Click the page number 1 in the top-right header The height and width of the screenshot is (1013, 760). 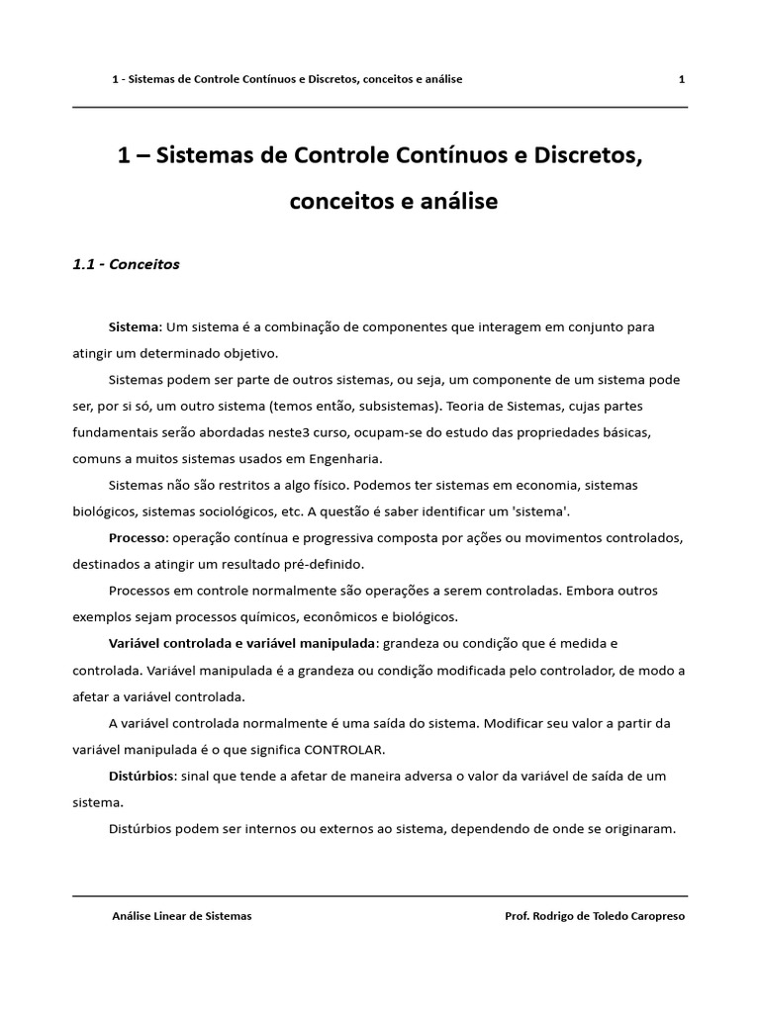[x=682, y=79]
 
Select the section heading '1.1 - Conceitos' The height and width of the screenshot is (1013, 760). [x=127, y=265]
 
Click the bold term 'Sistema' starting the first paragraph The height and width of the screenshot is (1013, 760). [x=134, y=326]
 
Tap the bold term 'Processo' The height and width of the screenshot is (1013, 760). [x=138, y=538]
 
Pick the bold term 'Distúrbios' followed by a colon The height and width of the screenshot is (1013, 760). [x=141, y=777]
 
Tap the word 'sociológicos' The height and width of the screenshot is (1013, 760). [x=224, y=511]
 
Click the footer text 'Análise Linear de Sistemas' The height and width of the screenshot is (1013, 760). [x=182, y=916]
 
